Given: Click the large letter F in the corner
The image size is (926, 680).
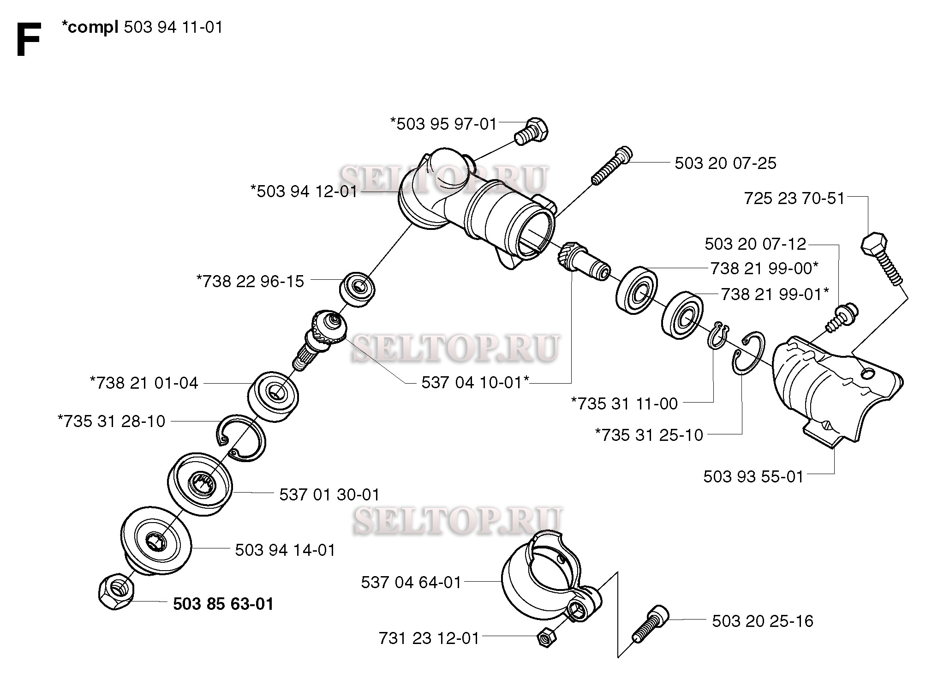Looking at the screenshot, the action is point(28,41).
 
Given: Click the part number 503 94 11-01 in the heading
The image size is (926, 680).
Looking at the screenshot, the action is point(173,28).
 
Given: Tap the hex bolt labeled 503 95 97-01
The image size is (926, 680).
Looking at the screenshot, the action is point(532,131).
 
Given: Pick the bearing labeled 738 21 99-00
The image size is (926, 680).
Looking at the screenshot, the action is point(637,290).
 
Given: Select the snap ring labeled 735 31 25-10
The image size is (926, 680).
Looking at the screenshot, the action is point(748,353).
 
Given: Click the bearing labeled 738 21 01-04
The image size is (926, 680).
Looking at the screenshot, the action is point(273,395).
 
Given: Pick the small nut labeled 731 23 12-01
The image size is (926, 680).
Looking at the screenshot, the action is point(547,638).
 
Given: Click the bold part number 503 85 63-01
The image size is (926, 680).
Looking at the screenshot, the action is point(223,604).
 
